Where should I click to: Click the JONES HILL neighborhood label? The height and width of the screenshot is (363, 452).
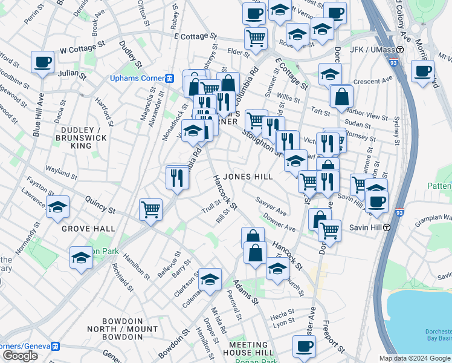pyautogui.click(x=248, y=176)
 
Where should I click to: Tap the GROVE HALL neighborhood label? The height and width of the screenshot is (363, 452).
pyautogui.click(x=88, y=229)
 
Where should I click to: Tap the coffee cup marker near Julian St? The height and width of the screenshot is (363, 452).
pyautogui.click(x=42, y=62)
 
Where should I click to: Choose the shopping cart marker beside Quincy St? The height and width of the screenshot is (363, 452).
pyautogui.click(x=150, y=209)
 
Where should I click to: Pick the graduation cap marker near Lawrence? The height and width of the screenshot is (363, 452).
pyautogui.click(x=58, y=207)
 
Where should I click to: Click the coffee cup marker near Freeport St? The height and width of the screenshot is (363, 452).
pyautogui.click(x=304, y=346)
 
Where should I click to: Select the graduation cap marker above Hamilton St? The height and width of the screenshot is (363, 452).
pyautogui.click(x=81, y=258)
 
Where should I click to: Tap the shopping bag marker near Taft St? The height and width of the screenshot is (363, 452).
pyautogui.click(x=341, y=96)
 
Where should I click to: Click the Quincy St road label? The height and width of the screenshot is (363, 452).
pyautogui.click(x=100, y=204)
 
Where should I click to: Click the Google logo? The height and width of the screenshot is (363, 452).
pyautogui.click(x=21, y=356)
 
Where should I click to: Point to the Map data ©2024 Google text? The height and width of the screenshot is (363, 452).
pyautogui.click(x=415, y=358)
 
